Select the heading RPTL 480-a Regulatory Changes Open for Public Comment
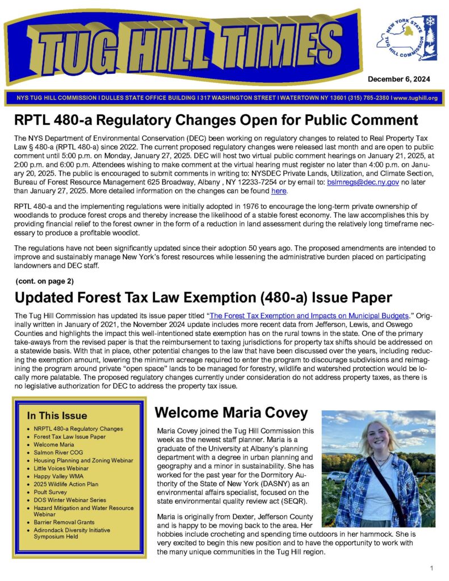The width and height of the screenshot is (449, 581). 216,120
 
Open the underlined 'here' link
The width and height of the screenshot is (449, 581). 279,191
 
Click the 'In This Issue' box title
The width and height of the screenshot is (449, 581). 57,415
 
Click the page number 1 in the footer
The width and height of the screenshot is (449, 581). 432,568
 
